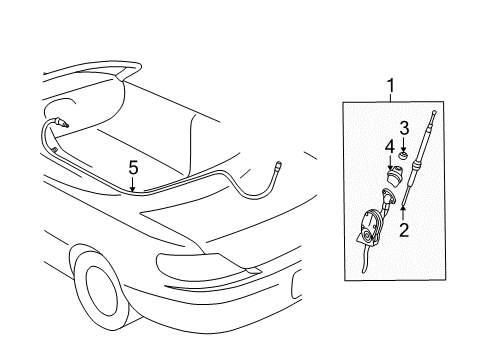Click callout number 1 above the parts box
[x=390, y=86]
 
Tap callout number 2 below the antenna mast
[x=404, y=230]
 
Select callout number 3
[x=404, y=128]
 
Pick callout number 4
[x=390, y=148]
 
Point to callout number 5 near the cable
[x=133, y=168]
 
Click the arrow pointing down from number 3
[x=404, y=145]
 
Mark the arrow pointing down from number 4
[x=390, y=164]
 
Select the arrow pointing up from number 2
[x=403, y=213]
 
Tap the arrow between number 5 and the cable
[x=133, y=184]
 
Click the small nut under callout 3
[x=404, y=156]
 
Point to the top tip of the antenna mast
[x=434, y=112]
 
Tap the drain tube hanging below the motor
[x=365, y=261]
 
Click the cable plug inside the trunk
[x=62, y=122]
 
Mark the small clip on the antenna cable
[x=55, y=150]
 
